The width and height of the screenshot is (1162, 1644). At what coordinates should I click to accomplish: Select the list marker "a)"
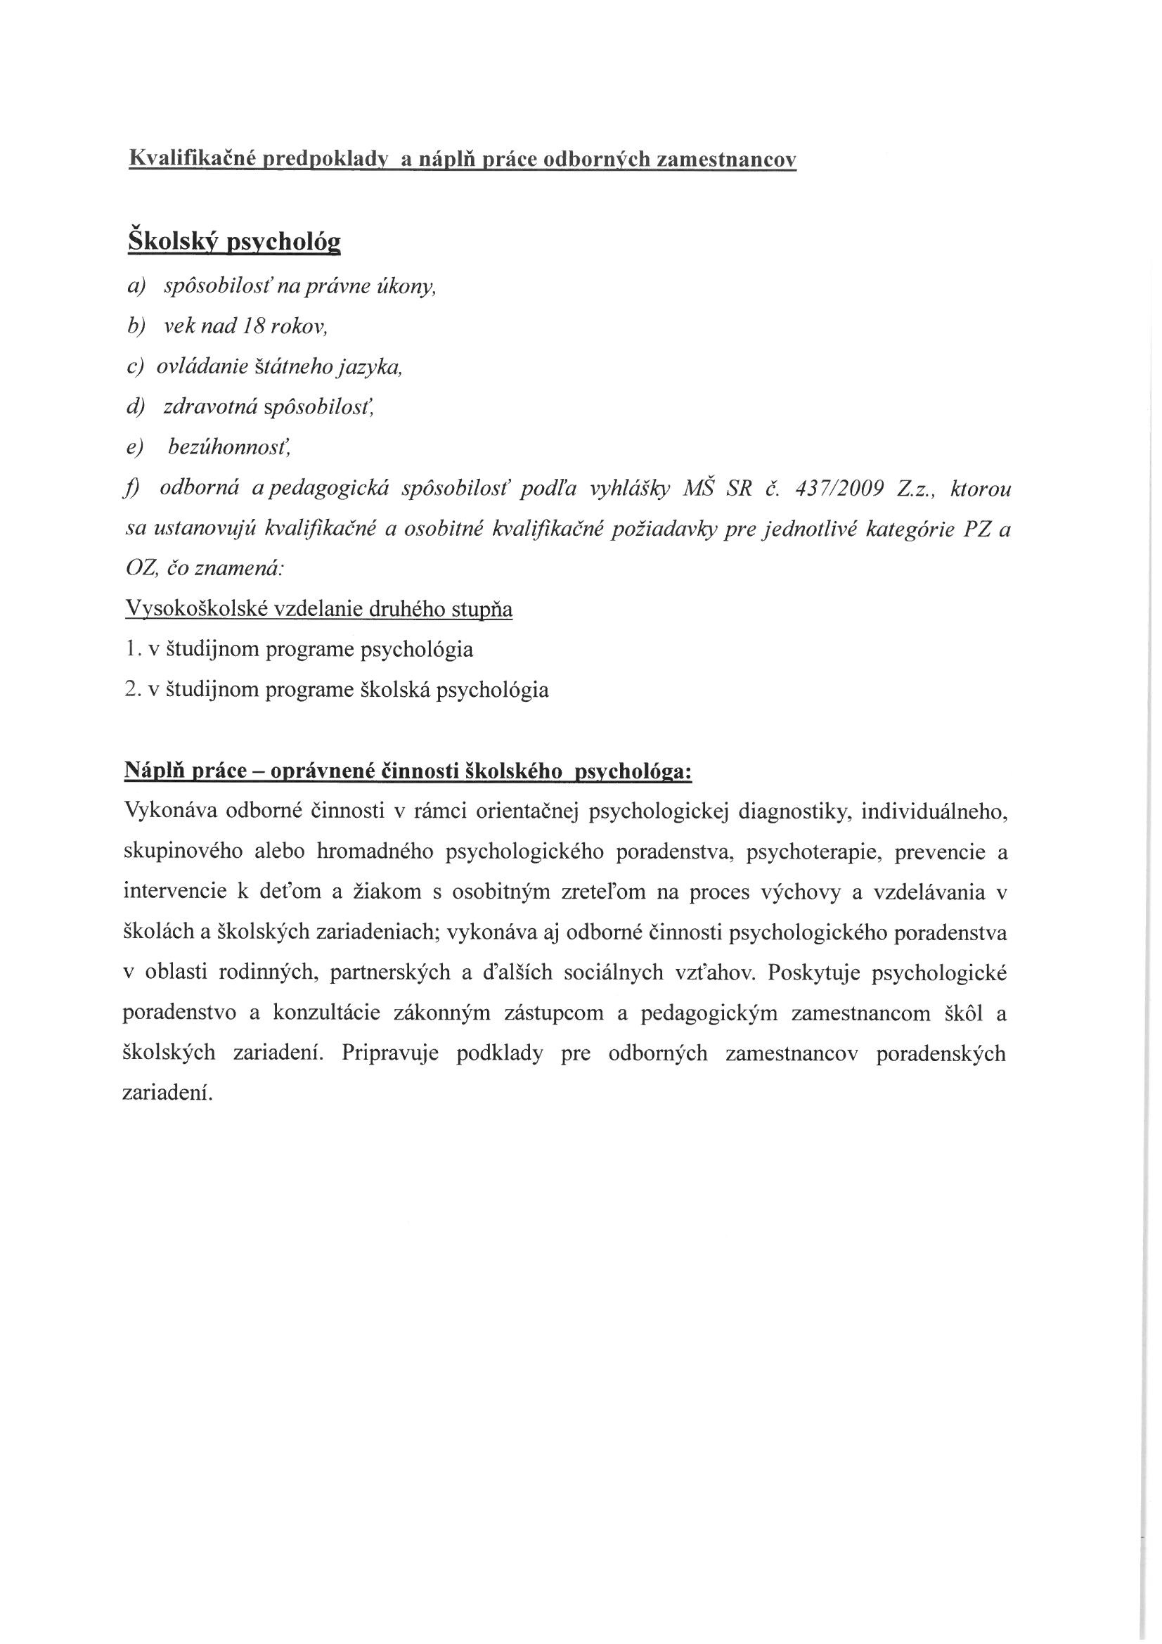tap(135, 286)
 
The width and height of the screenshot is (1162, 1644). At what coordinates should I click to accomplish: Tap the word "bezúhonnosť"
tap(228, 447)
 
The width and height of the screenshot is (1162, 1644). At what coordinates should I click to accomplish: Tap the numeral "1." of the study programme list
tap(131, 650)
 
